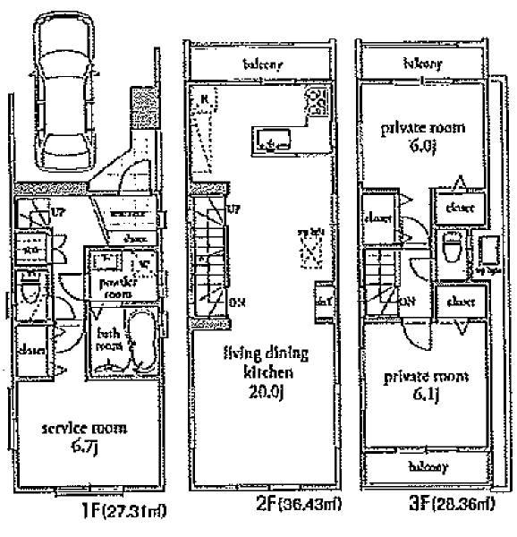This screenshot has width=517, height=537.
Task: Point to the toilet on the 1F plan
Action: (30, 291)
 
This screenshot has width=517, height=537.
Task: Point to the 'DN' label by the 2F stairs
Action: (238, 303)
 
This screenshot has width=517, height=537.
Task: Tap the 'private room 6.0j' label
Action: (411, 136)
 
